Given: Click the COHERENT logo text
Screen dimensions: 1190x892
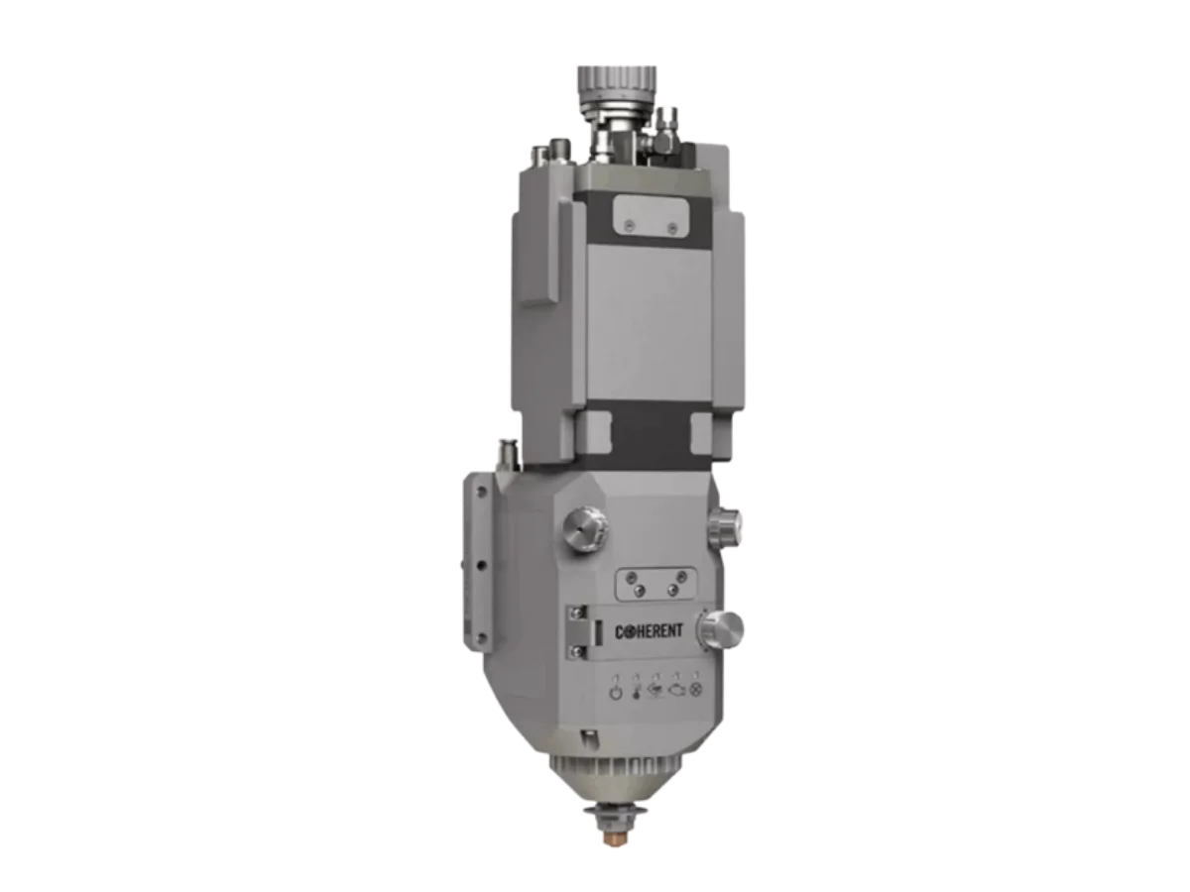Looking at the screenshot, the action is click(649, 631).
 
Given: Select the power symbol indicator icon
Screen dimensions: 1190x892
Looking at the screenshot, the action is click(615, 692).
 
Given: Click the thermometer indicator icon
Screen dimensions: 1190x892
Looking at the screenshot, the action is click(636, 692).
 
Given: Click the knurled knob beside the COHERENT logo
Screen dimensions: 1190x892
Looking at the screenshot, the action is click(720, 630).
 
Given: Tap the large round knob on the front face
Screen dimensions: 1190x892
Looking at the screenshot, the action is click(585, 528).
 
